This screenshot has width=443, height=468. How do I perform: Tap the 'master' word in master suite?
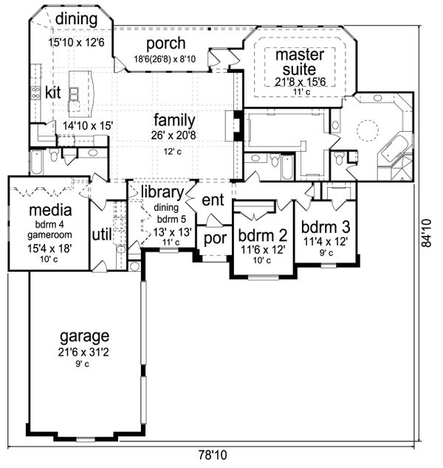click(x=295, y=55)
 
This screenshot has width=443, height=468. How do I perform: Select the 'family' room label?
click(x=174, y=119)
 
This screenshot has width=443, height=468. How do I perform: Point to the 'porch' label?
click(x=165, y=43)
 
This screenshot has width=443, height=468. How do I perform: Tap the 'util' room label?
click(x=100, y=234)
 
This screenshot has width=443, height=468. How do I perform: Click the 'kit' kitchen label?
click(x=52, y=92)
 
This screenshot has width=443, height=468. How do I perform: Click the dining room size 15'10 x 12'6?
click(x=77, y=42)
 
